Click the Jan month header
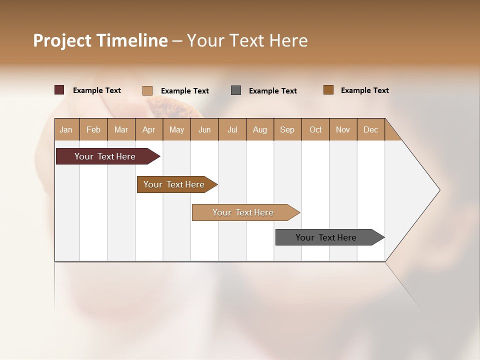(66, 129)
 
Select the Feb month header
(93, 129)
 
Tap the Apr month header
(148, 129)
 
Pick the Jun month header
(204, 129)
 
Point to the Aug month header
(260, 129)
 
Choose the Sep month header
(287, 129)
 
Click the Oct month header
(315, 129)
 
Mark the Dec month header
(370, 129)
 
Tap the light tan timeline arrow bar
(243, 212)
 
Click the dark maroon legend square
(59, 90)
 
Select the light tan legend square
(147, 90)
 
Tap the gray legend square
(236, 90)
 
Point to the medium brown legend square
(328, 90)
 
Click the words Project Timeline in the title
(100, 40)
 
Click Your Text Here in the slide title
(247, 40)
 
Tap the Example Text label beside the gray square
(273, 91)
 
